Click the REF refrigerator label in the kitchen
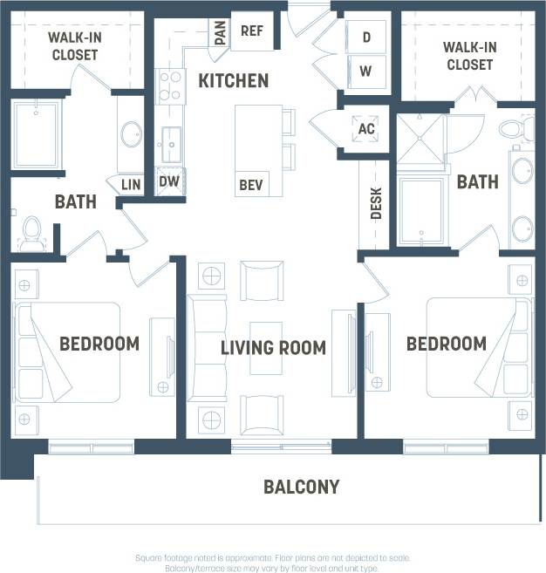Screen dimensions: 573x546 [252, 31]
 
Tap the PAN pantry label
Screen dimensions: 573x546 [220, 34]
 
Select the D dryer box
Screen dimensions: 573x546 [366, 38]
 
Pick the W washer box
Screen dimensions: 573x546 [366, 71]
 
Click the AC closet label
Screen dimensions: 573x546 [366, 130]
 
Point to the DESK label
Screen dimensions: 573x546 [377, 204]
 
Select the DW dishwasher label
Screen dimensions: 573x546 [168, 181]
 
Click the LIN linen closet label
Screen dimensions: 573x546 [130, 185]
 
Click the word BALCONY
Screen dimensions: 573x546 [301, 487]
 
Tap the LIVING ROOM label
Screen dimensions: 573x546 [273, 348]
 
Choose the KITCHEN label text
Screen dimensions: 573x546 [233, 81]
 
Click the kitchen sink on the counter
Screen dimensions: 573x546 [169, 140]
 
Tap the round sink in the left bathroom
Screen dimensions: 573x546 [131, 135]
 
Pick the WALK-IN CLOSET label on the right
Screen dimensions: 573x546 [469, 56]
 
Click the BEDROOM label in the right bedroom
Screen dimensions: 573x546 [446, 344]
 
